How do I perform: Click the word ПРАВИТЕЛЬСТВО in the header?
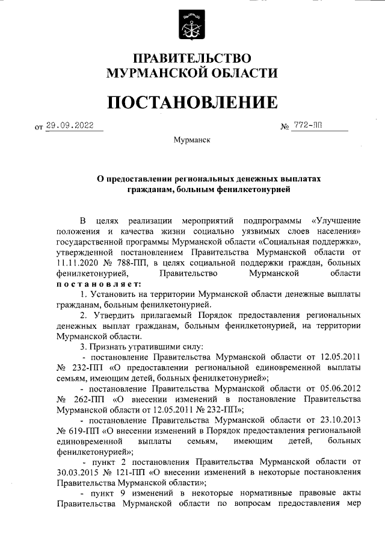click(x=192, y=58)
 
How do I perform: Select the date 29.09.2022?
click(x=73, y=125)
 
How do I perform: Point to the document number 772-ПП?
click(x=307, y=125)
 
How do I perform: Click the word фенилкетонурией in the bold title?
click(x=255, y=190)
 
